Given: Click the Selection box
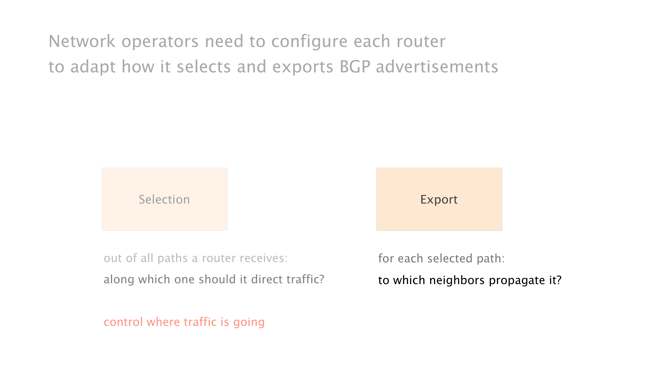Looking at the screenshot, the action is pos(164,199).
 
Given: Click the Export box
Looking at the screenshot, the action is pos(439,199).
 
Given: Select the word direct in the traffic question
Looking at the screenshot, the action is pos(267,279).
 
